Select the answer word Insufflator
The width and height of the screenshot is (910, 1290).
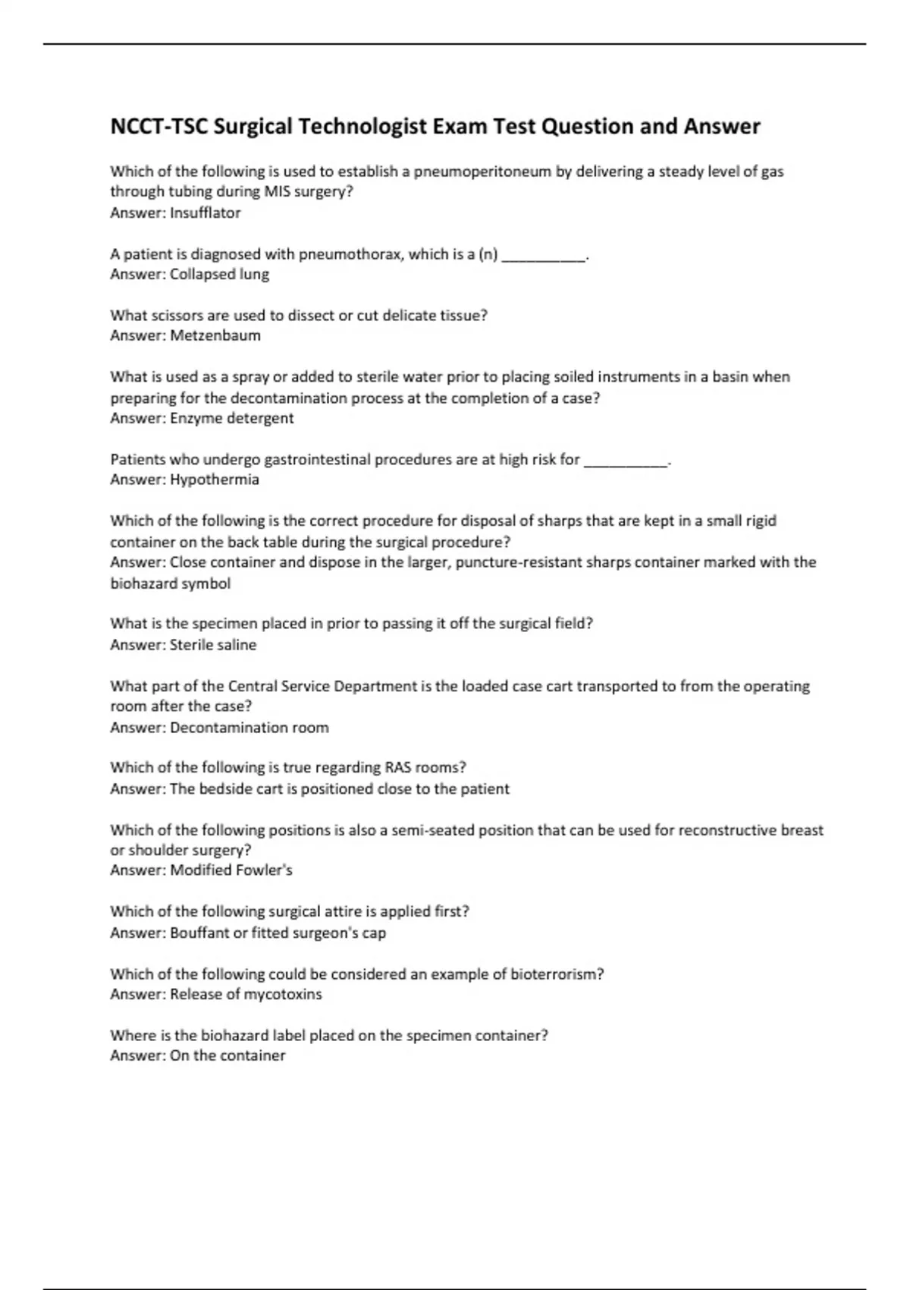(x=205, y=213)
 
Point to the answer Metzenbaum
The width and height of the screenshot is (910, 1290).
(x=215, y=335)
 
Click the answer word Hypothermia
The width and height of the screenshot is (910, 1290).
(x=214, y=480)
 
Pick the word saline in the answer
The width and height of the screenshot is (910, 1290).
(x=236, y=645)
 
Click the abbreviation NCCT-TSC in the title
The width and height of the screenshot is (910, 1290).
(x=158, y=126)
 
